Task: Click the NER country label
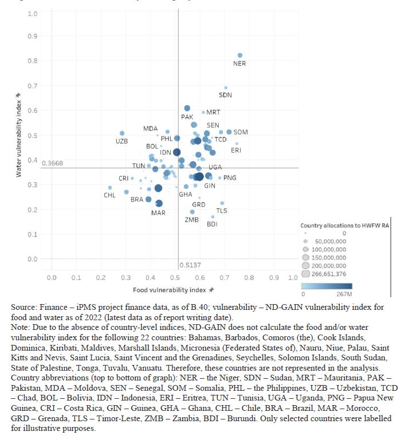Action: pyautogui.click(x=240, y=64)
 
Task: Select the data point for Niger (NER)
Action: pyautogui.click(x=240, y=56)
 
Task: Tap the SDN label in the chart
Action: pyautogui.click(x=226, y=95)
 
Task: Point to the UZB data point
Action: pyautogui.click(x=122, y=133)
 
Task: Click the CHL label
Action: pyautogui.click(x=109, y=196)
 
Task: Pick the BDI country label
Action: pyautogui.click(x=212, y=224)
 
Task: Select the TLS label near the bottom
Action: pyautogui.click(x=222, y=211)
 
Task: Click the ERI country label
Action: pyautogui.click(x=236, y=150)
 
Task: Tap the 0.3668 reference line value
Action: pyautogui.click(x=53, y=164)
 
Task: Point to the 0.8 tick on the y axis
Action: pyautogui.click(x=33, y=61)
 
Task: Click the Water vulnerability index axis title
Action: pyautogui.click(x=19, y=137)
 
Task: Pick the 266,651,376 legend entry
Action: pyautogui.click(x=328, y=274)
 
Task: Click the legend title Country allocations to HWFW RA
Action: pyautogui.click(x=345, y=226)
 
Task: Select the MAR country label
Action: pyautogui.click(x=159, y=213)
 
